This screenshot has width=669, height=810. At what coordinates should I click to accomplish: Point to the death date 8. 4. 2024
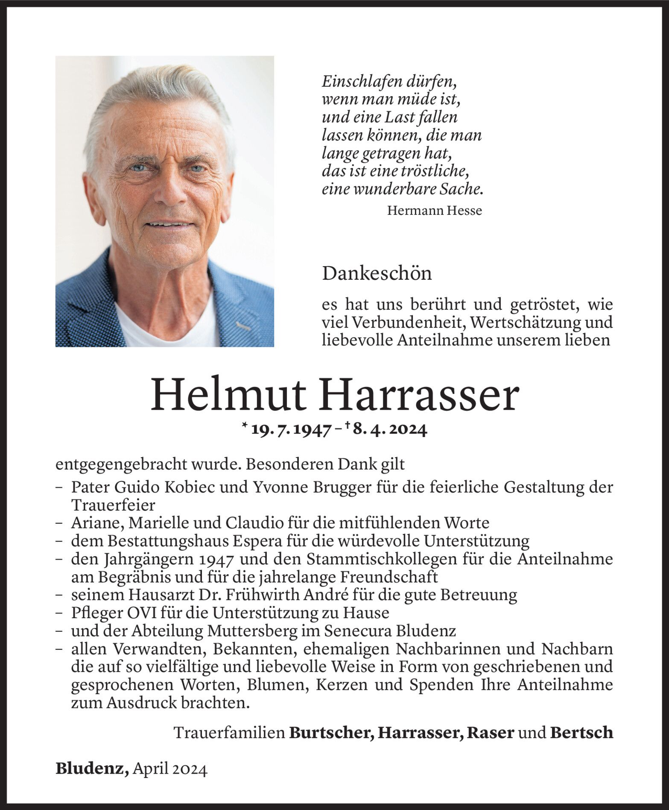[389, 431]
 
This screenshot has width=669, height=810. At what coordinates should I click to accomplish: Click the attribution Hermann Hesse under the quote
[434, 211]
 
